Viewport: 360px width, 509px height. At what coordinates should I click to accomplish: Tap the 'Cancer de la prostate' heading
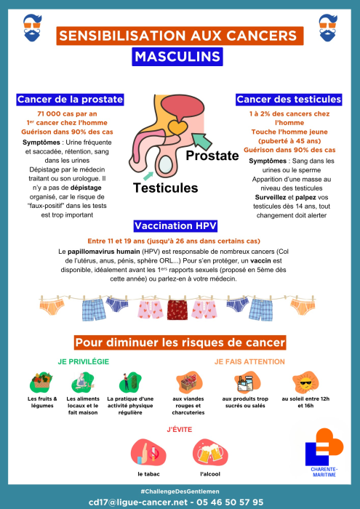point(70,100)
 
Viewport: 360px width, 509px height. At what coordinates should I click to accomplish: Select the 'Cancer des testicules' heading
point(289,100)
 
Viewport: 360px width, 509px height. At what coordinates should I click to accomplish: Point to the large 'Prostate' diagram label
point(212,156)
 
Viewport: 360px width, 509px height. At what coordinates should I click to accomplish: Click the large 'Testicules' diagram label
point(165,188)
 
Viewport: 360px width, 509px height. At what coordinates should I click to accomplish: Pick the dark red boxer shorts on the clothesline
point(179,308)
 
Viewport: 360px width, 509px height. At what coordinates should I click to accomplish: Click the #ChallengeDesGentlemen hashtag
point(179,492)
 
